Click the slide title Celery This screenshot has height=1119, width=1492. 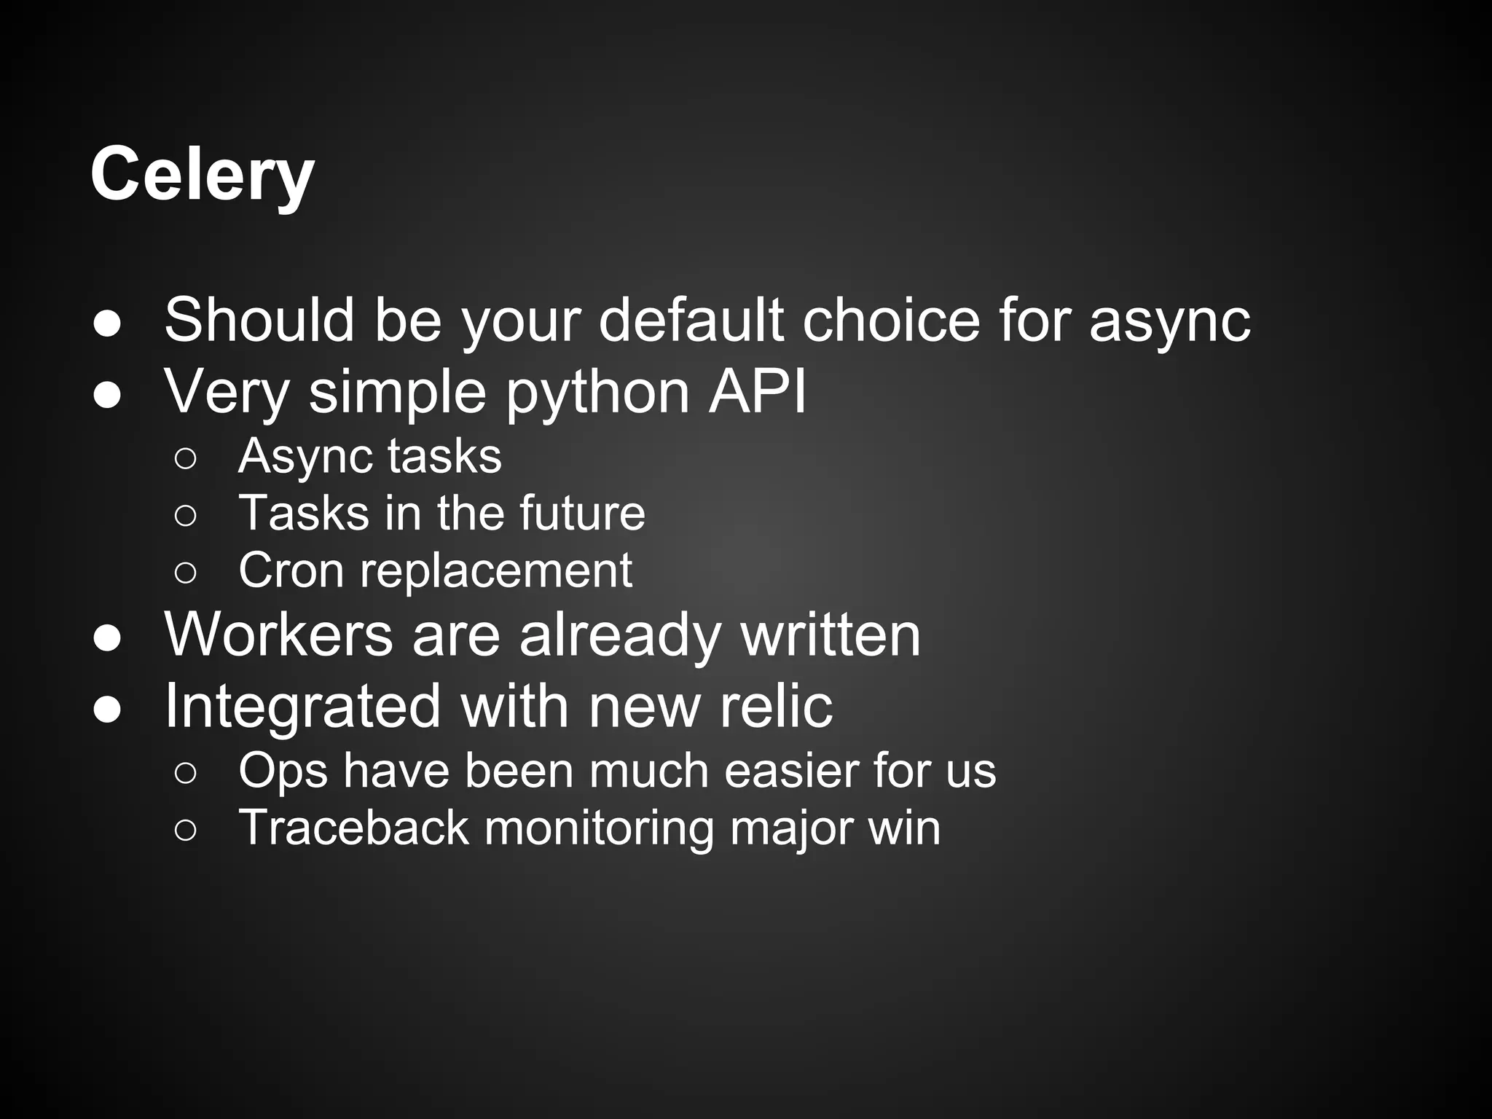coord(202,175)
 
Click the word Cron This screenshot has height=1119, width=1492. coord(291,570)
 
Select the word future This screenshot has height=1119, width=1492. coord(582,513)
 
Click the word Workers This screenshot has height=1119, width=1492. coord(279,634)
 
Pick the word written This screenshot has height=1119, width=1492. coord(831,634)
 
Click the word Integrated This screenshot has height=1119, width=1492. coord(302,707)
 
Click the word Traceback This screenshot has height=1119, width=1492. coord(353,828)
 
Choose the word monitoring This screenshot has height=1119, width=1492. coord(599,829)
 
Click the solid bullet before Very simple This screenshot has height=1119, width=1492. coord(107,396)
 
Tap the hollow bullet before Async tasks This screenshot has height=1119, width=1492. coord(186,458)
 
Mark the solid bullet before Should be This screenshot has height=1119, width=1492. coord(107,325)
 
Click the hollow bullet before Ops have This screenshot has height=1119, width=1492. coord(186,773)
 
